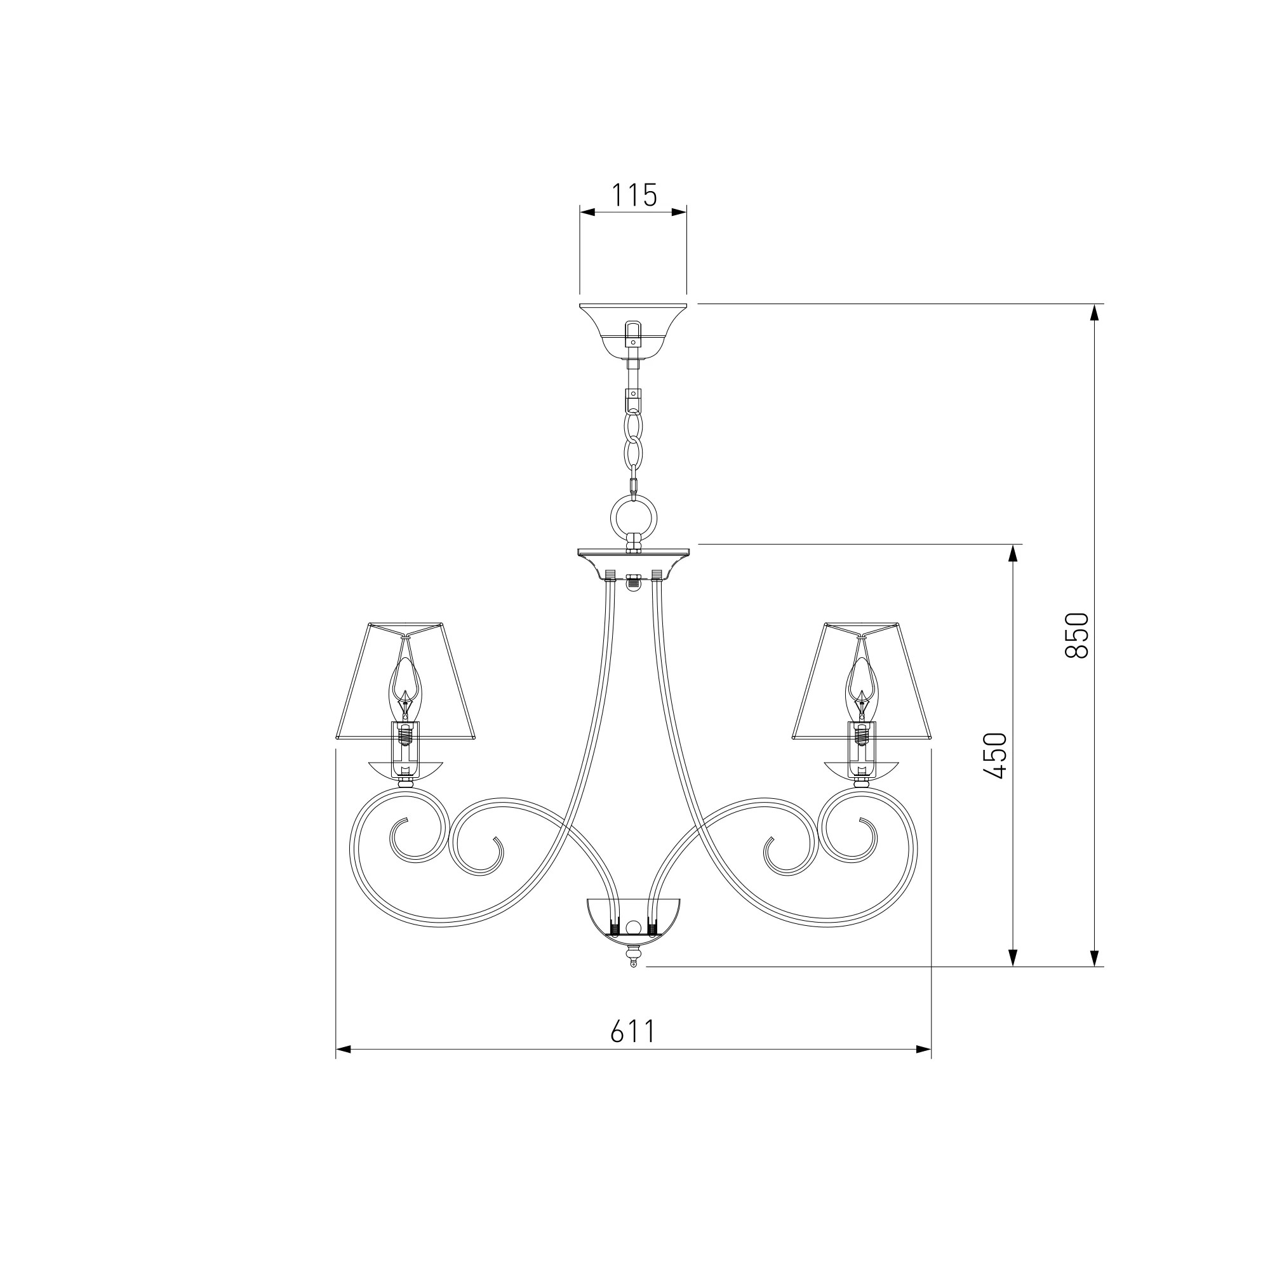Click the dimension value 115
[x=634, y=195]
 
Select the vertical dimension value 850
[x=1077, y=635]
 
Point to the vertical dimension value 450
[x=995, y=756]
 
